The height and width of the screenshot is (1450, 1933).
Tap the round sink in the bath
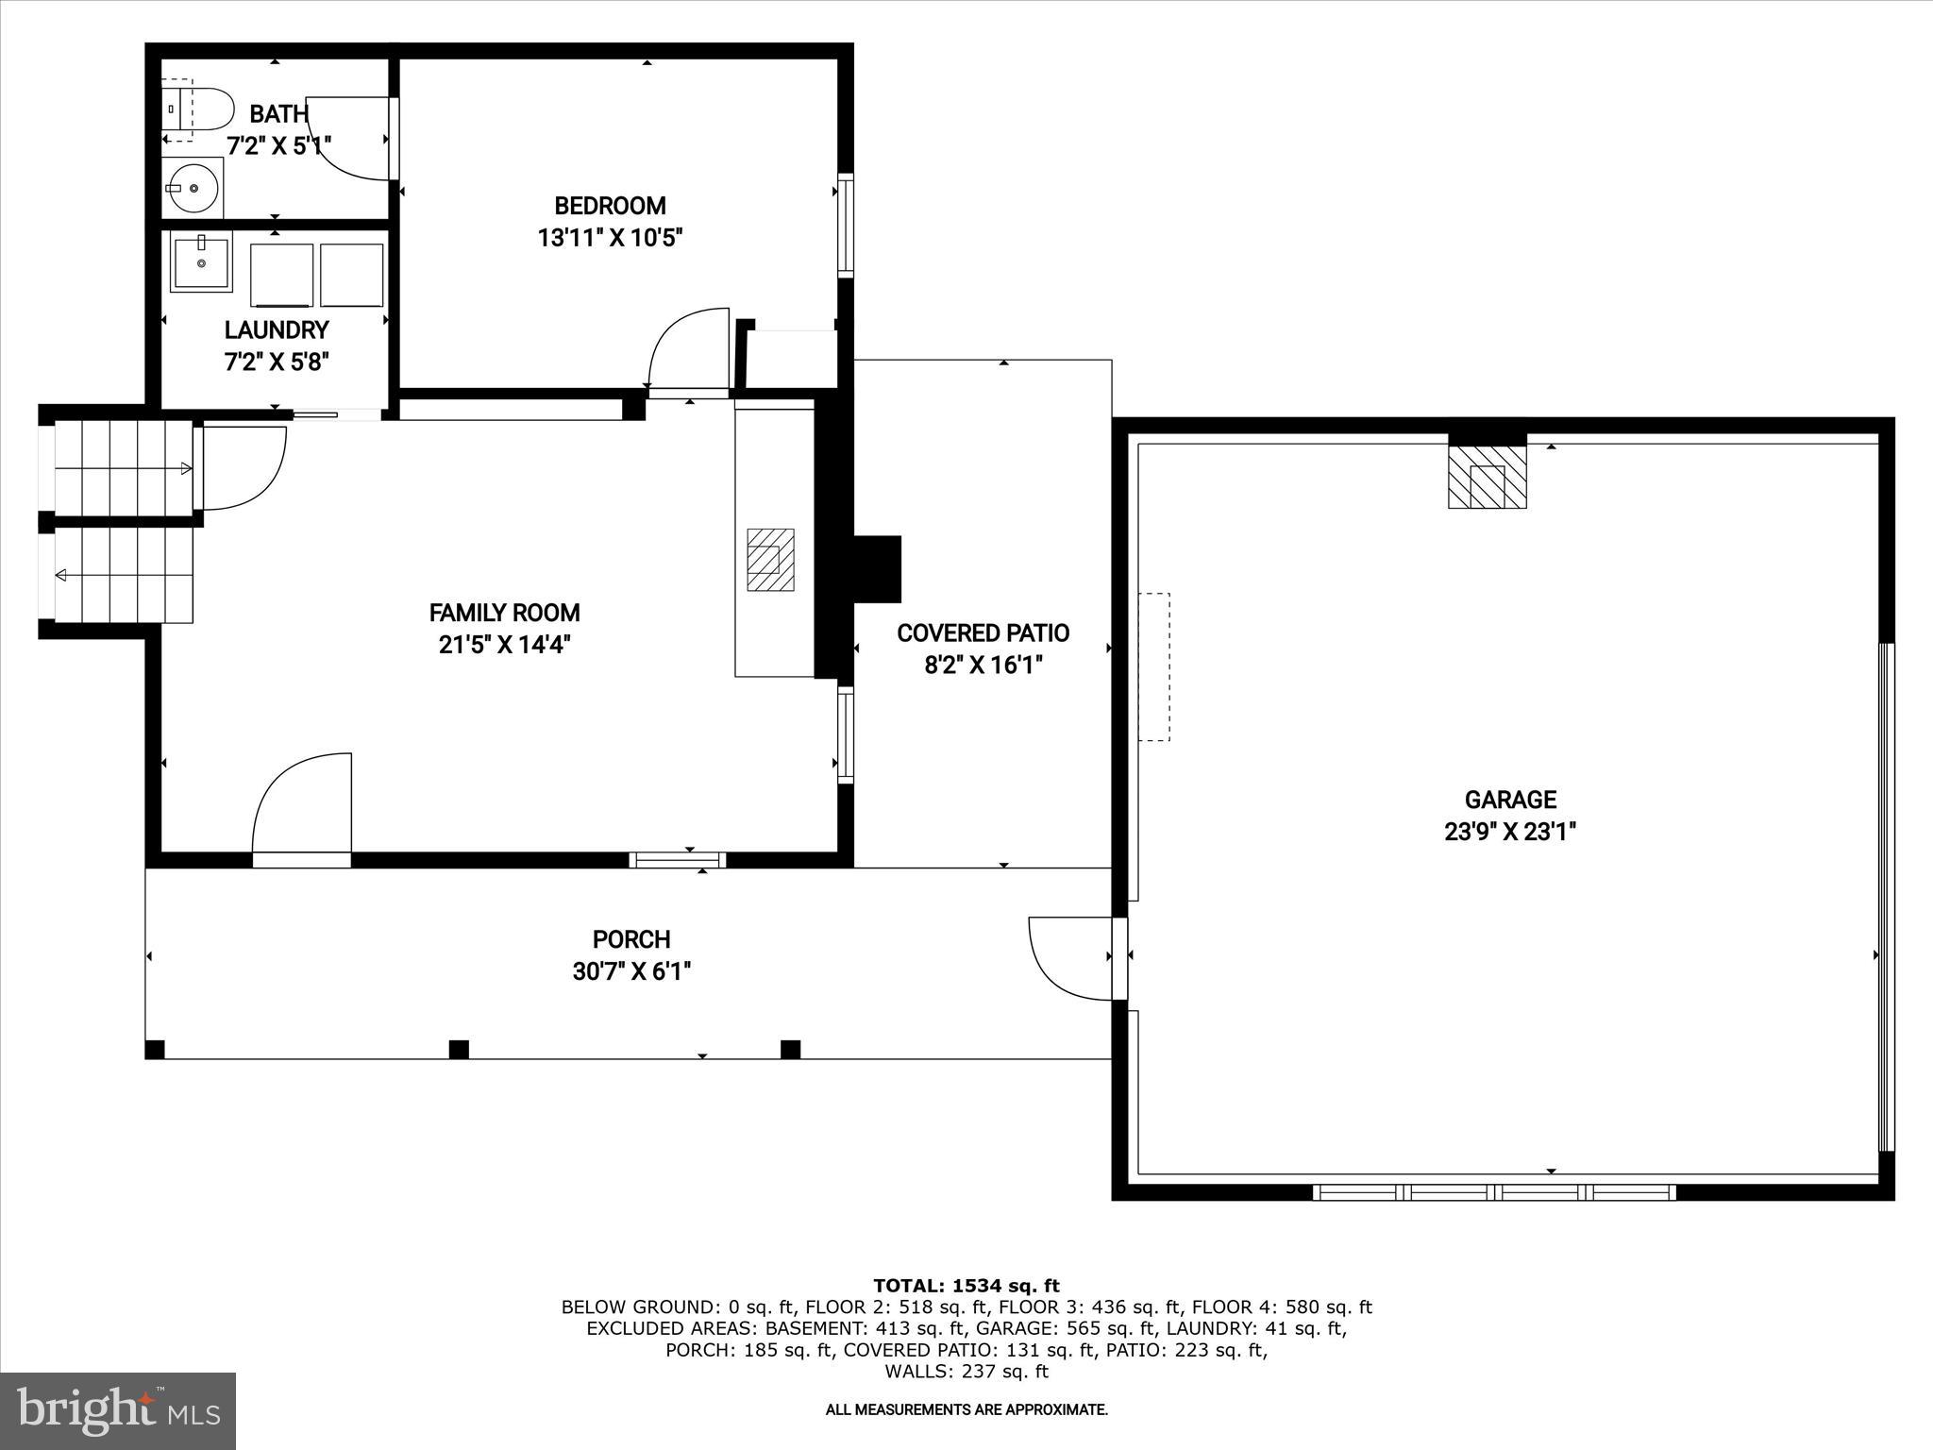click(x=193, y=188)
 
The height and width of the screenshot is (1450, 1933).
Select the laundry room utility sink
click(x=200, y=261)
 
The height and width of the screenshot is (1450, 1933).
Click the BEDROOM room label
click(x=610, y=206)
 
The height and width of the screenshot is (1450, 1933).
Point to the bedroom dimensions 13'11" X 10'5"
click(x=610, y=238)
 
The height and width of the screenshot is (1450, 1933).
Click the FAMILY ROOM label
click(x=504, y=613)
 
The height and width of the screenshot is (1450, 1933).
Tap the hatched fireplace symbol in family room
click(x=770, y=560)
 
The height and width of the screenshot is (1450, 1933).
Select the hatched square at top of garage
click(x=1487, y=477)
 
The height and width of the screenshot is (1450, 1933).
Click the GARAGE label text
click(x=1510, y=800)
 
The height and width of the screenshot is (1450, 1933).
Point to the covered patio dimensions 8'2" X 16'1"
click(x=983, y=666)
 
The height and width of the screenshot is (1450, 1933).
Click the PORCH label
click(x=631, y=939)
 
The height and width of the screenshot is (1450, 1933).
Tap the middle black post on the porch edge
click(x=459, y=1049)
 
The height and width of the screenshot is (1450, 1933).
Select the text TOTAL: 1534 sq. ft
click(x=966, y=1286)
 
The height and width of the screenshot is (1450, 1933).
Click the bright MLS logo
click(x=118, y=1411)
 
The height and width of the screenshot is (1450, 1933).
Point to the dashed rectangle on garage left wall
click(x=1153, y=666)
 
